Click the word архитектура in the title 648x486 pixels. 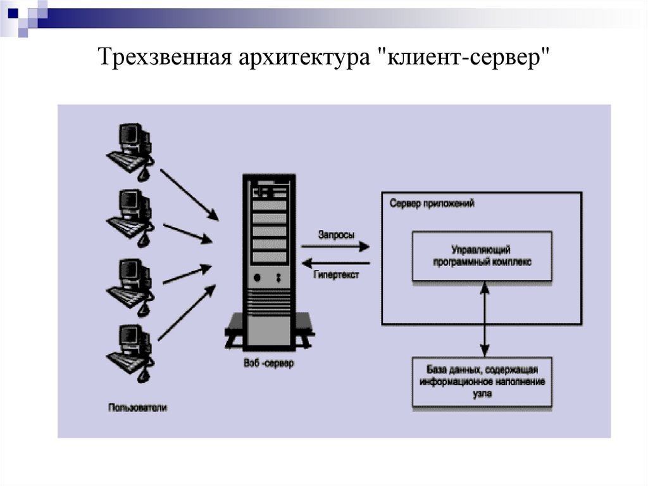(305, 60)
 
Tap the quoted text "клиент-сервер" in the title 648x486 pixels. (464, 60)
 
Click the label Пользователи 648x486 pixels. (137, 408)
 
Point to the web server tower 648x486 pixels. (269, 260)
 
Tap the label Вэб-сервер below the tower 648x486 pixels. (268, 364)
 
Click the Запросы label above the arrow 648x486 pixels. (336, 234)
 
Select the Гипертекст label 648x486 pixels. (335, 276)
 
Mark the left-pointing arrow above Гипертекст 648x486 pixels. (336, 262)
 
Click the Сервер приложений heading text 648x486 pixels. (432, 205)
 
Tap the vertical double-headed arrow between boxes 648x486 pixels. (485, 319)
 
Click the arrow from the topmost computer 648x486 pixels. (189, 193)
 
